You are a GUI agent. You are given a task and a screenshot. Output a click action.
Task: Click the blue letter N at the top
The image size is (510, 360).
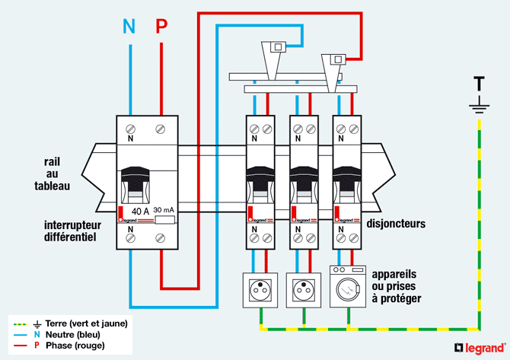[x=129, y=27]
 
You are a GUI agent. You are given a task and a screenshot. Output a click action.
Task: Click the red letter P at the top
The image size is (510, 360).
[x=161, y=27]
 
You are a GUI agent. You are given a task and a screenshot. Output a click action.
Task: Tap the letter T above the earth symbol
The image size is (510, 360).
[x=479, y=82]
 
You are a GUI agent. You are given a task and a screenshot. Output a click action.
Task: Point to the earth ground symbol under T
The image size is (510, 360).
[x=479, y=107]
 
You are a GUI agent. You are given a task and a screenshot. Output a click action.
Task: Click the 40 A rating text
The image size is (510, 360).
[x=140, y=211]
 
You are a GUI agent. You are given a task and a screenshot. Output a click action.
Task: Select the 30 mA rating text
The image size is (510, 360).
[x=165, y=210]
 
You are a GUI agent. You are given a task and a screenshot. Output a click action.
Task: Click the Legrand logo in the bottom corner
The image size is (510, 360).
[x=479, y=348]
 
